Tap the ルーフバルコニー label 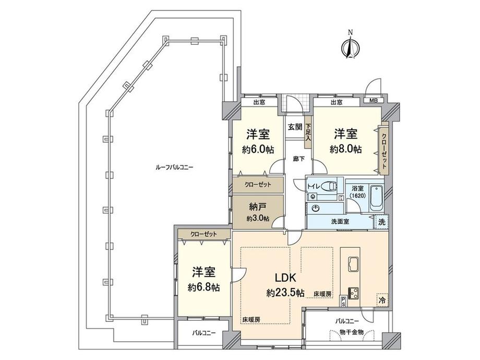pyautogui.click(x=174, y=167)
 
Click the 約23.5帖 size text pyautogui.click(x=285, y=293)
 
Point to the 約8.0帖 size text pyautogui.click(x=346, y=149)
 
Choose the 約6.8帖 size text pyautogui.click(x=201, y=287)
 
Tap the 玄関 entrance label pyautogui.click(x=294, y=126)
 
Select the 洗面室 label pyautogui.click(x=340, y=221)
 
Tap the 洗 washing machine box pyautogui.click(x=382, y=221)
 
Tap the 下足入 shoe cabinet pyautogui.click(x=308, y=133)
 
